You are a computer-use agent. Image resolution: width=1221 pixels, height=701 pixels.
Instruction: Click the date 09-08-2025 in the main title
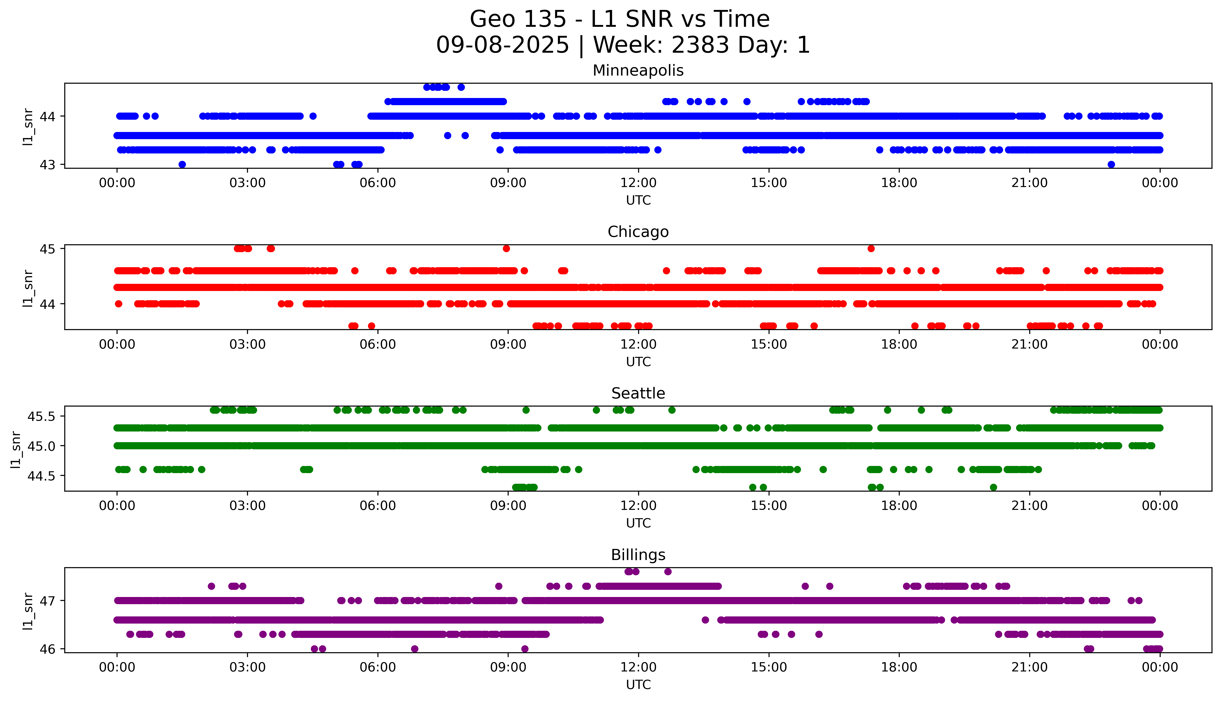(502, 45)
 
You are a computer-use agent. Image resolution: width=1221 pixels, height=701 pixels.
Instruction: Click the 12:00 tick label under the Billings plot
(638, 667)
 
